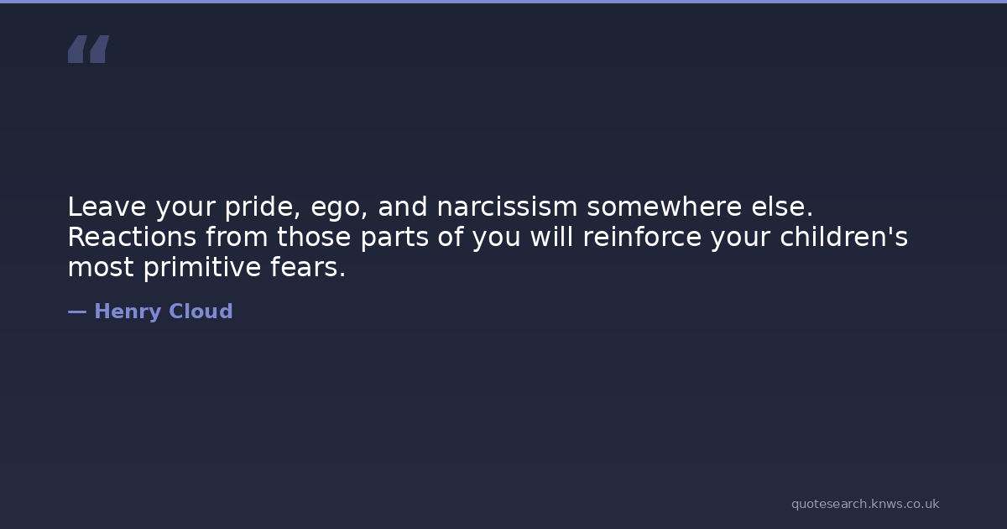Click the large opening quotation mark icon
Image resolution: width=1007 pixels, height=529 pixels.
pyautogui.click(x=89, y=49)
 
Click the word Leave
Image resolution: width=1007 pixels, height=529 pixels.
pyautogui.click(x=107, y=207)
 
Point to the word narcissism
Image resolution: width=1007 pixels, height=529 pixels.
pyautogui.click(x=507, y=207)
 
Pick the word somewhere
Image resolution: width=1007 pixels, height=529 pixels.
pyautogui.click(x=665, y=207)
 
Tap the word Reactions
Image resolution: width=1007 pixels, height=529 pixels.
pyautogui.click(x=133, y=237)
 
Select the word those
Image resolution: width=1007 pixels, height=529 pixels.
pyautogui.click(x=314, y=237)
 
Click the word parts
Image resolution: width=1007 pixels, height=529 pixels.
pyautogui.click(x=394, y=238)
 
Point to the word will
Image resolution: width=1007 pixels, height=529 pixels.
pyautogui.click(x=551, y=237)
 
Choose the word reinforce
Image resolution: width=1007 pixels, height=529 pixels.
pyautogui.click(x=642, y=237)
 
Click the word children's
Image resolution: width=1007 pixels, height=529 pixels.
pyautogui.click(x=844, y=237)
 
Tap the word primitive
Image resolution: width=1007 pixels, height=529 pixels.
pyautogui.click(x=202, y=269)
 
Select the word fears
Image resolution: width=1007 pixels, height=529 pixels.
pyautogui.click(x=308, y=267)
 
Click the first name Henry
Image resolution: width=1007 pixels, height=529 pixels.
pyautogui.click(x=128, y=312)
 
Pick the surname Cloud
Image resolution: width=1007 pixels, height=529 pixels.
pyautogui.click(x=201, y=312)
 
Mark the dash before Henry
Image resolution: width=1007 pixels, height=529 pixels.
pyautogui.click(x=77, y=312)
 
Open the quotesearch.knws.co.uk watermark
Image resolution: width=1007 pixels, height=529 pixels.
pyautogui.click(x=865, y=505)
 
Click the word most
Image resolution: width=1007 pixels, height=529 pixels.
pyautogui.click(x=101, y=267)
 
